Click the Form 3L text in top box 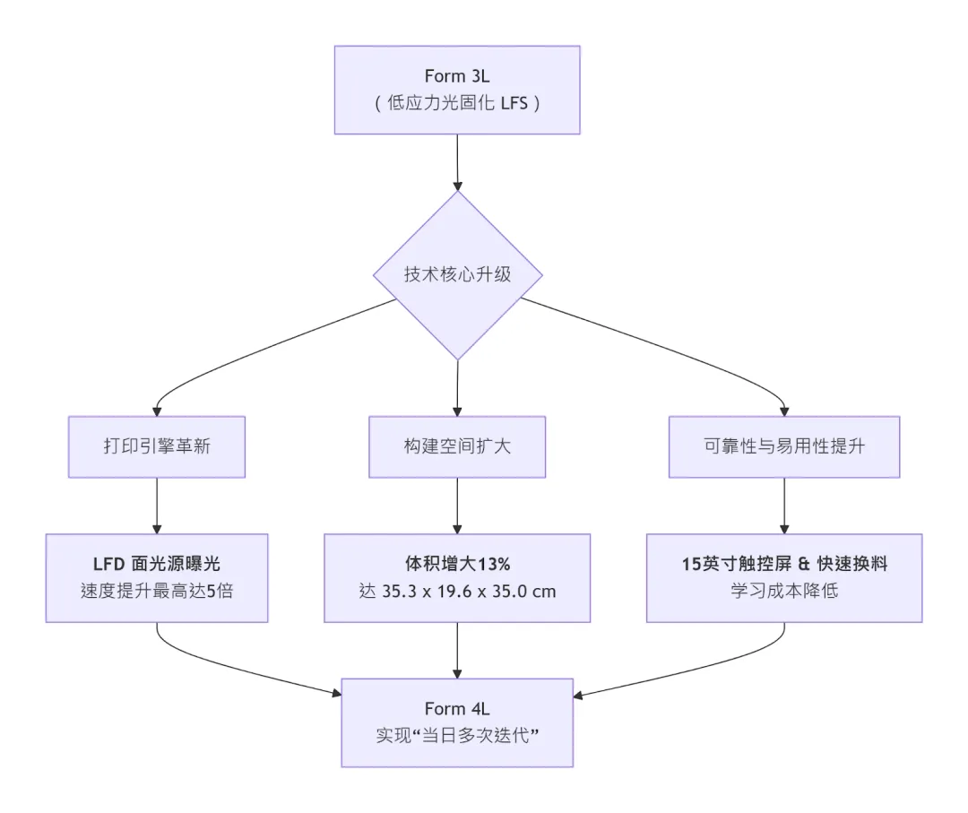[457, 76]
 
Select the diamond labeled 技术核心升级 [457, 274]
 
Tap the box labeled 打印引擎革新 [157, 445]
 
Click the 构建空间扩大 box [457, 445]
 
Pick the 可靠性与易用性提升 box [784, 445]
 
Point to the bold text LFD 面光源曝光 [157, 565]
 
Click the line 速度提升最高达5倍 [157, 592]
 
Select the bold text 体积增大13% [457, 565]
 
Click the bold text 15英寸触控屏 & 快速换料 [784, 565]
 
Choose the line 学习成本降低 [784, 592]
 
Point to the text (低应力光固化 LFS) [457, 103]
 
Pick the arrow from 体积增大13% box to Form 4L [458, 650]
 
